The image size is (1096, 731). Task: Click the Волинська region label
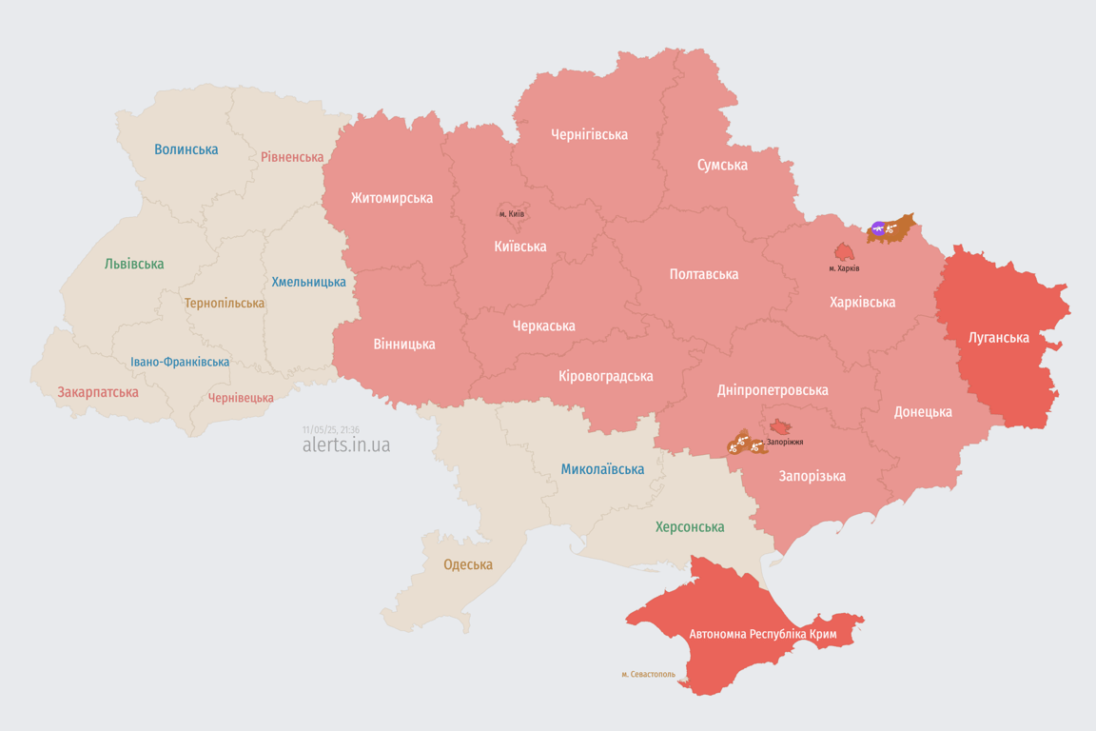pos(186,149)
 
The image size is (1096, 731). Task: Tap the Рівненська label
pos(292,157)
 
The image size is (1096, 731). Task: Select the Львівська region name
pos(134,264)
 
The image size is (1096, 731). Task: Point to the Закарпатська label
pos(98,392)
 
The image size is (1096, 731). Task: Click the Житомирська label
pos(391,198)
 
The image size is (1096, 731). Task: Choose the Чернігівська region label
pos(589,134)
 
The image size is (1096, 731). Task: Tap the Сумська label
pos(722,165)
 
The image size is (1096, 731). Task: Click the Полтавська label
pos(703,274)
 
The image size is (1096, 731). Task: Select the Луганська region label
pos(998,337)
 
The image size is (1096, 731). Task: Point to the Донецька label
pos(922,412)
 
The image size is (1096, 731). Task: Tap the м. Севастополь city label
pos(648,675)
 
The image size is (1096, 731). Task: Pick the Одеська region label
pos(468,564)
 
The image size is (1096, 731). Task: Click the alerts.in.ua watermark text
pos(345,445)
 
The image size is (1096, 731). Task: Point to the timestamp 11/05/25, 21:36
pos(330,429)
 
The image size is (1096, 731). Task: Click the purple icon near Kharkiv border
pos(879,228)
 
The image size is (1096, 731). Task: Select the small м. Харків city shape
pos(844,252)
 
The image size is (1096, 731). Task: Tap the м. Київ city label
pos(511,214)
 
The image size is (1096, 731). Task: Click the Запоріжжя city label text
pos(785,442)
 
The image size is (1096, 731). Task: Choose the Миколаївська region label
pos(602,469)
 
